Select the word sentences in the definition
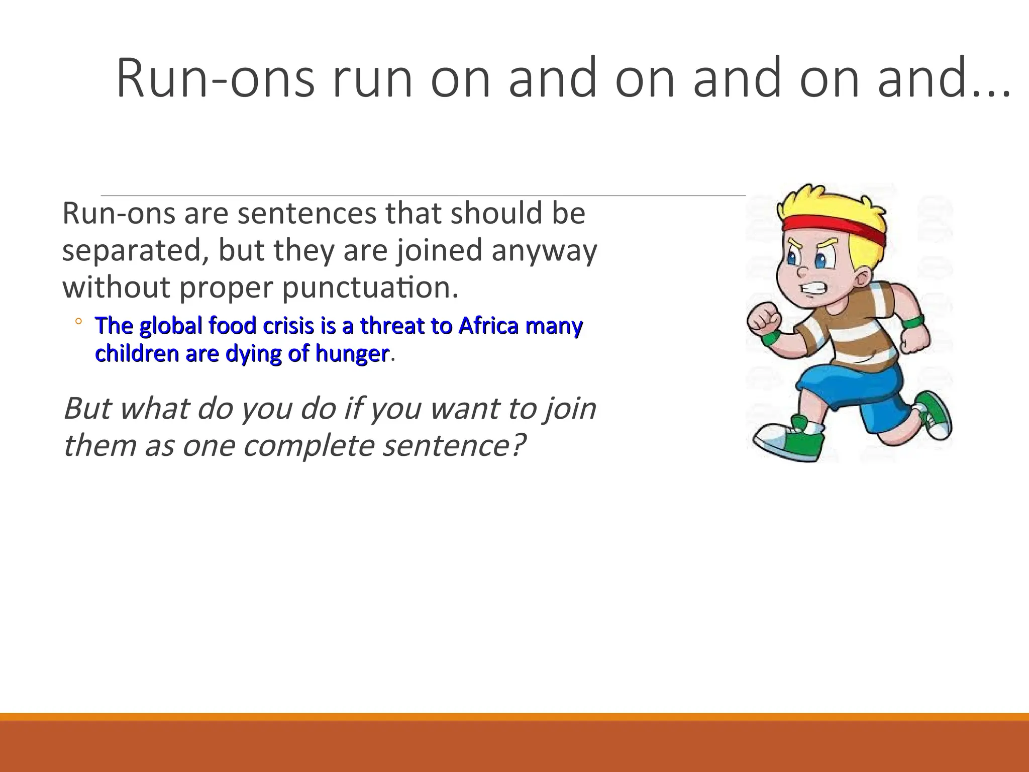pos(306,213)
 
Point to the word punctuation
pos(370,287)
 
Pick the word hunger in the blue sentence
pos(352,354)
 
